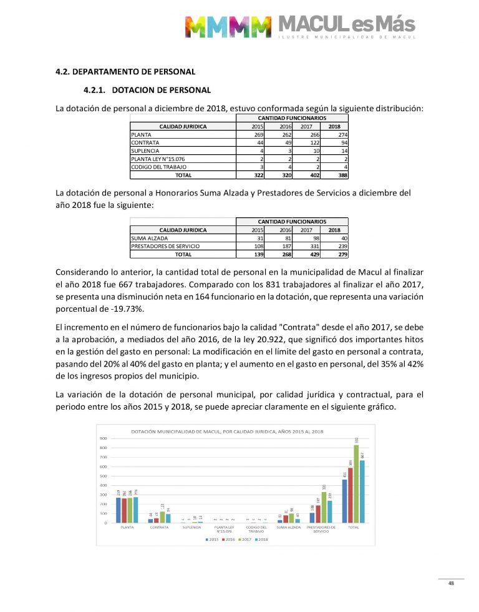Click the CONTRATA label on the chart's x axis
[159, 528]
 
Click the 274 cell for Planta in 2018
[340, 134]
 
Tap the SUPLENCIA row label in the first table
[145, 151]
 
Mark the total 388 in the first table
[340, 175]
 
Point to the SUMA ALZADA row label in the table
[150, 238]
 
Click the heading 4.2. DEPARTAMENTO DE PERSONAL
[125, 72]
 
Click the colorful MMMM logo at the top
[228, 27]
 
